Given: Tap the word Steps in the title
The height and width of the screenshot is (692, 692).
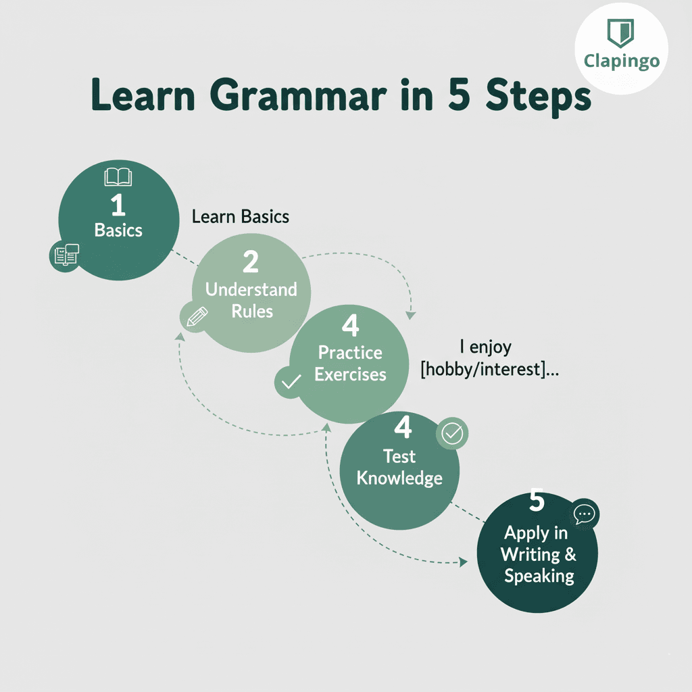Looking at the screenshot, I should tap(539, 97).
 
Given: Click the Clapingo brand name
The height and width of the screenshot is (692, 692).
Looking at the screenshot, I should tap(621, 61).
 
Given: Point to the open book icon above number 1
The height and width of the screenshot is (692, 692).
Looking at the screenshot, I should tap(118, 178).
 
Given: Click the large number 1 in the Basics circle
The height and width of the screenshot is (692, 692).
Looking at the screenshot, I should tap(118, 205).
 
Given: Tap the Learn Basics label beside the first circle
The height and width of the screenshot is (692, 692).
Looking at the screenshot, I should tap(241, 217).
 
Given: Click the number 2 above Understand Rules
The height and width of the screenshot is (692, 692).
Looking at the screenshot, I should tap(251, 262).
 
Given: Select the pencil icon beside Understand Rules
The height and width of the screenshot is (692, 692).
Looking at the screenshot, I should tap(195, 316).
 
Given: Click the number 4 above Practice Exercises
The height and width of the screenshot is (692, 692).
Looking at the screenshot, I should tap(350, 326).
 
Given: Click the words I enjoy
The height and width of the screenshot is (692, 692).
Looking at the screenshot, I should tap(485, 347).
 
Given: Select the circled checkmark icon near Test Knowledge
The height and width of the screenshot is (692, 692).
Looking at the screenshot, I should tap(451, 434).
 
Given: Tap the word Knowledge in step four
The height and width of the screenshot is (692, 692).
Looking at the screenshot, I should tap(399, 478).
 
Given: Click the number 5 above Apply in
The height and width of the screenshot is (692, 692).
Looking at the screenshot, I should tap(537, 502).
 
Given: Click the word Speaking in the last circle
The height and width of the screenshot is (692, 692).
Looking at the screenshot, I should tap(539, 576).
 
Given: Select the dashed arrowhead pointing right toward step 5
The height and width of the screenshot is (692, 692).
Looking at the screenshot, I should tap(463, 562).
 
